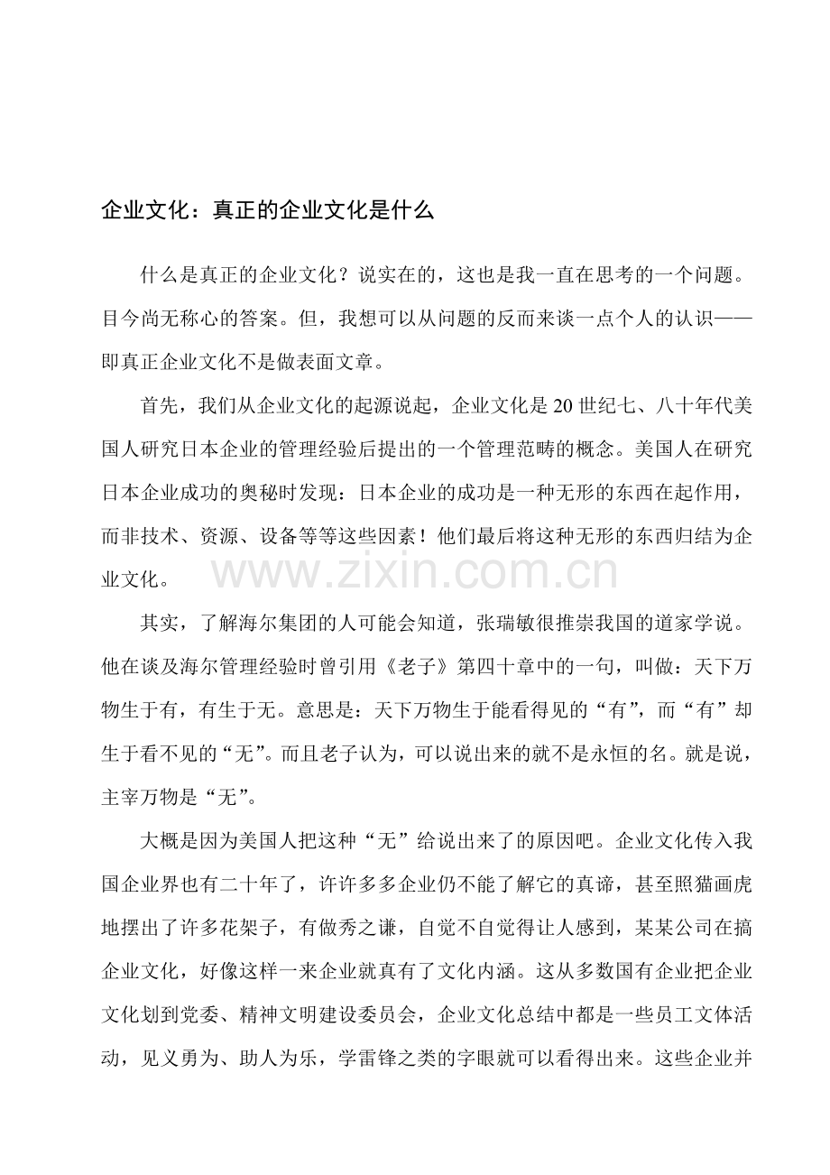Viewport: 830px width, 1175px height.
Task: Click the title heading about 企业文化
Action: (268, 211)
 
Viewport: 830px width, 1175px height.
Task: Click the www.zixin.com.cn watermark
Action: (415, 572)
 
